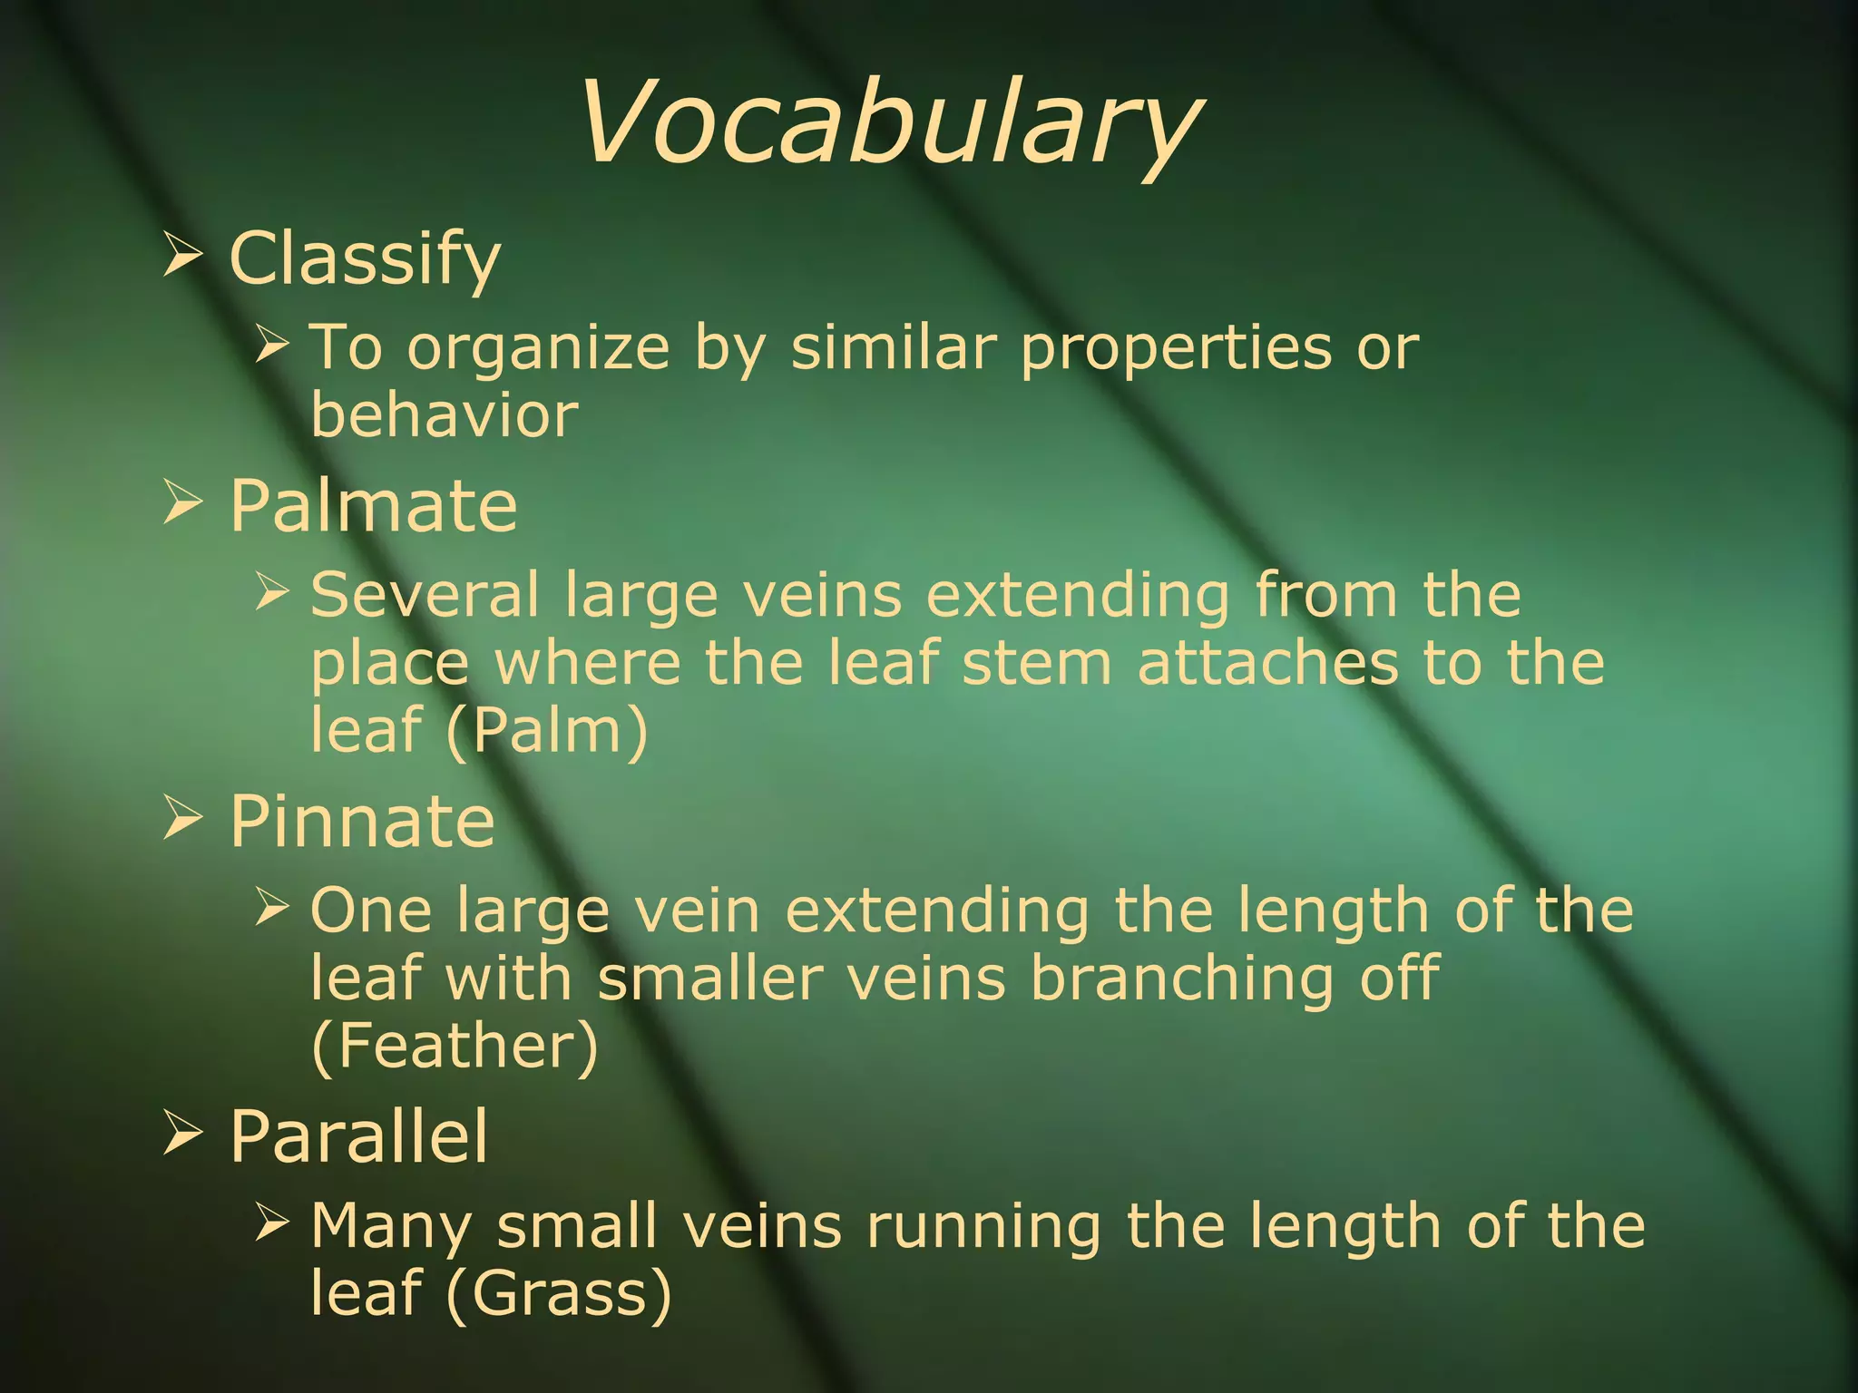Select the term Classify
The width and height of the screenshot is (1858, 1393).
click(365, 258)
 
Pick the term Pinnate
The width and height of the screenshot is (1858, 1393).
click(362, 821)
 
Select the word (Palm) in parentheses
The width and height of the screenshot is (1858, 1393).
click(547, 730)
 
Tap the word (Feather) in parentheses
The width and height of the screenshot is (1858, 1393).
click(455, 1046)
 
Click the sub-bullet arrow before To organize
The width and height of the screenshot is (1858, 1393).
click(271, 344)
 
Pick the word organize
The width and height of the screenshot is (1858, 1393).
click(538, 349)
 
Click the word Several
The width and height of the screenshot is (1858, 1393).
click(425, 595)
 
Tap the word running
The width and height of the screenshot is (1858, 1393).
click(983, 1226)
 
